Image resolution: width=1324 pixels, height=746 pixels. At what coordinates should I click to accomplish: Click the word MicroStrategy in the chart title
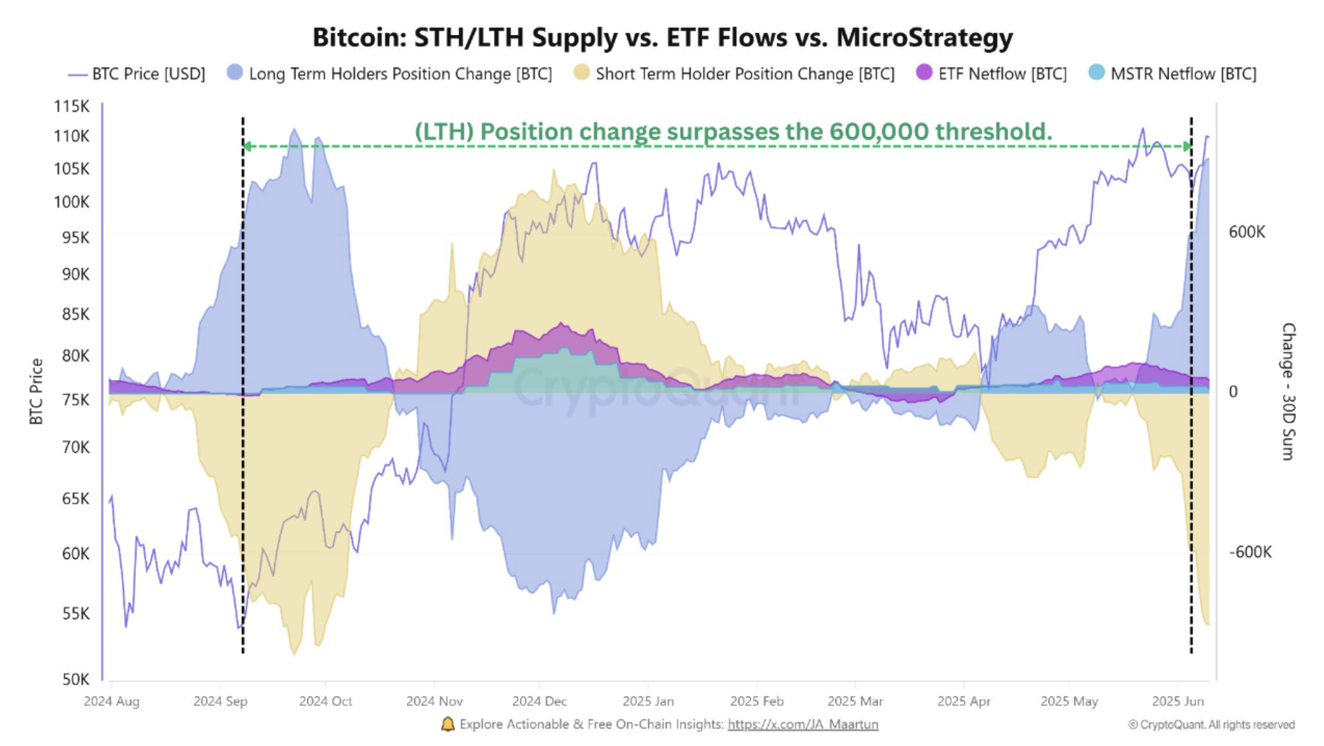[924, 38]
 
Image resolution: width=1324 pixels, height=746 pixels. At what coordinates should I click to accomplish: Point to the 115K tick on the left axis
[71, 106]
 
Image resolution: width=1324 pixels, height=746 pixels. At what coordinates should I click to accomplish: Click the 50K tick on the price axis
[75, 680]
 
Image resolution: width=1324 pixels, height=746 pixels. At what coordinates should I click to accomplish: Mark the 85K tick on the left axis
[71, 315]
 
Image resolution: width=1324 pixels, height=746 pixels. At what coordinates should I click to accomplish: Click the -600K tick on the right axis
[1250, 552]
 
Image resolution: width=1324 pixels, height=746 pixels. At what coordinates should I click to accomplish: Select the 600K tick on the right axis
[1246, 233]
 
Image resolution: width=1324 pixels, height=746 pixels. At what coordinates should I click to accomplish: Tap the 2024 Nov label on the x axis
[434, 702]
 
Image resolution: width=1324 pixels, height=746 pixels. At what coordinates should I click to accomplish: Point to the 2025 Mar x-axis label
[855, 702]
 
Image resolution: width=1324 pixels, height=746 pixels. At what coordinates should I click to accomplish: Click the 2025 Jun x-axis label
[1177, 702]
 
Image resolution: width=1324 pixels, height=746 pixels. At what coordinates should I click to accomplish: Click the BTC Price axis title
[36, 392]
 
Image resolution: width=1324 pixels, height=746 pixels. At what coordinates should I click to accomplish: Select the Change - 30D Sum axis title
[1288, 392]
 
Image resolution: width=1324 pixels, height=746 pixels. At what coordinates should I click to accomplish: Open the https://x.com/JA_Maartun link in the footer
[802, 725]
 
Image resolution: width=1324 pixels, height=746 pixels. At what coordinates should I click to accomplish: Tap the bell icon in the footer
[448, 725]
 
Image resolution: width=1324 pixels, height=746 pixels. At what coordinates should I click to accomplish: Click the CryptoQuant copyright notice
[1211, 725]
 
